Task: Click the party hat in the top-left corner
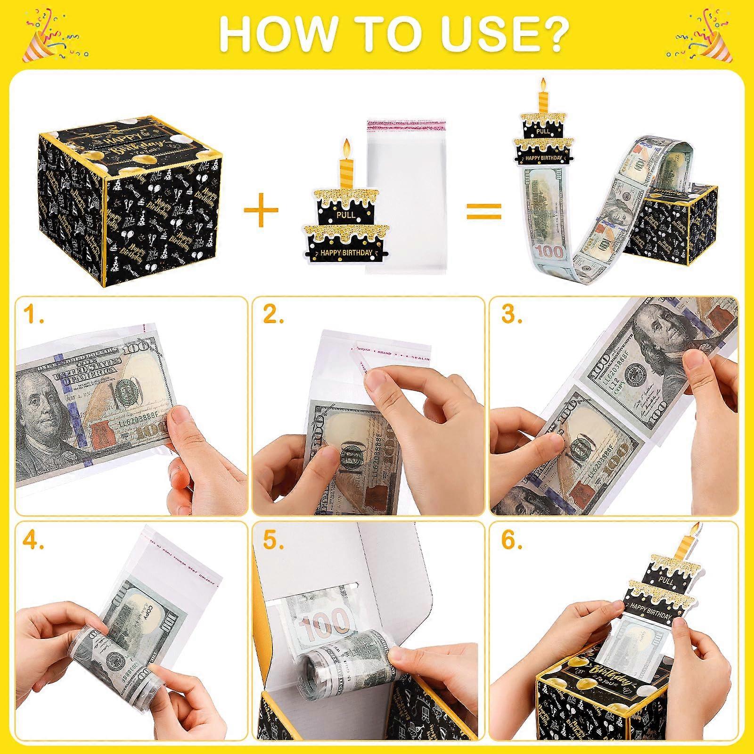point(38,47)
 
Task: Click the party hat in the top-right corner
point(716,47)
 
